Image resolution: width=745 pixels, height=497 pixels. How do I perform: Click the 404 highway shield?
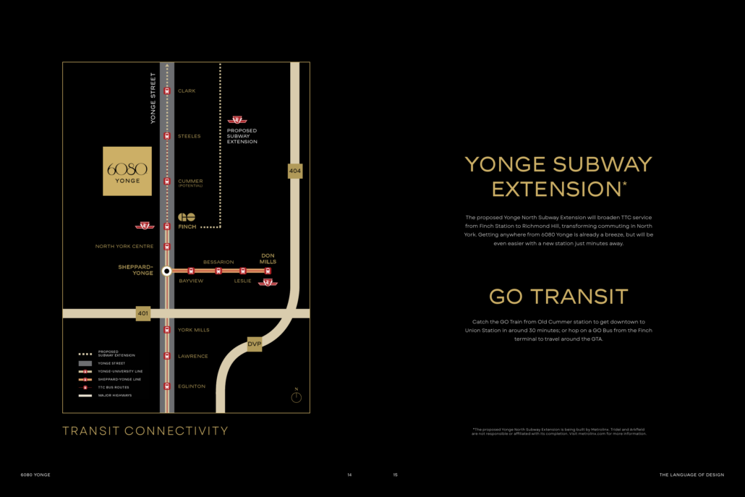click(x=294, y=171)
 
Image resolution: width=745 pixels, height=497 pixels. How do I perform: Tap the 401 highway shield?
click(x=143, y=313)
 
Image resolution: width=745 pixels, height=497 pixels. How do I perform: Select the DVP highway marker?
click(x=254, y=344)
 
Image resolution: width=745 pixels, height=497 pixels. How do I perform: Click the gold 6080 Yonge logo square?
click(x=127, y=171)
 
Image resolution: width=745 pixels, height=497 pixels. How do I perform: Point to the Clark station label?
click(x=187, y=91)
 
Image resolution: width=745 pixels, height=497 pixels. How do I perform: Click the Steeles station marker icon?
click(x=167, y=136)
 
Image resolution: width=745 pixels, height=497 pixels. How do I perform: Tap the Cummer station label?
click(x=190, y=182)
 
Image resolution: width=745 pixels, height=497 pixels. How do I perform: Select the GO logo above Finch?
click(x=187, y=217)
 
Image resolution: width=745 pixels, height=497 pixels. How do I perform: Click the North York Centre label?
click(x=124, y=247)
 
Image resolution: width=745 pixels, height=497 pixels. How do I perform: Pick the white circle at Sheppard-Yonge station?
click(x=167, y=271)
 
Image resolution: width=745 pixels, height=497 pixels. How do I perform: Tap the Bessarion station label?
click(x=218, y=262)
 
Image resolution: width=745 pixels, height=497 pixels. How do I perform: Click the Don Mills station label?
click(x=268, y=258)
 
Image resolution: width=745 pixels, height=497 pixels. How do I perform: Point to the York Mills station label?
click(x=194, y=330)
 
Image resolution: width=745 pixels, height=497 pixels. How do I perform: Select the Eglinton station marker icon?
click(x=167, y=386)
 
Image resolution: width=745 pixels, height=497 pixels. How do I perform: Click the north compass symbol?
click(x=296, y=396)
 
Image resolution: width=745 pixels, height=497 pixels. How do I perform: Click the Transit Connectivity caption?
click(x=145, y=431)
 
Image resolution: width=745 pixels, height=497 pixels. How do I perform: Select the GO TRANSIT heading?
click(x=558, y=297)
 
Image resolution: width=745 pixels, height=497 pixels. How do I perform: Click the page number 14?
click(x=349, y=475)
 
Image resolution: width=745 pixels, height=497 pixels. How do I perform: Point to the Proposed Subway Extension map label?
click(x=242, y=136)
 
